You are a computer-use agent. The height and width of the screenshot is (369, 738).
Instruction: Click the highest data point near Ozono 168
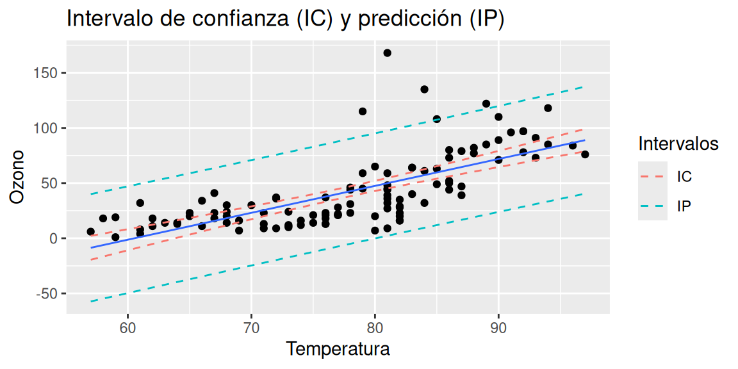click(387, 53)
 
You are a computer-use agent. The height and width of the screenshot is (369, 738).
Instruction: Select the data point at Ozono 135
click(424, 89)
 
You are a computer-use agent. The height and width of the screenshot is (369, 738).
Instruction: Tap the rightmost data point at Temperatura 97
click(585, 154)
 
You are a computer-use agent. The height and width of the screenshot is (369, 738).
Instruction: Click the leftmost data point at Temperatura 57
click(90, 231)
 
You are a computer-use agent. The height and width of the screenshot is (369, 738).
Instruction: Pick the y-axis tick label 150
click(49, 73)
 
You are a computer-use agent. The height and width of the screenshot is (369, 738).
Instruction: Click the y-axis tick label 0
click(55, 238)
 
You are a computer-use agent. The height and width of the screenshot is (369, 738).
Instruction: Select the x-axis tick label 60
click(127, 327)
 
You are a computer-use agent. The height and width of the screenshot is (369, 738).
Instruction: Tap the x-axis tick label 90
click(498, 327)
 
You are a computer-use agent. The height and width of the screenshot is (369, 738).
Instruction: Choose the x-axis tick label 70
click(251, 327)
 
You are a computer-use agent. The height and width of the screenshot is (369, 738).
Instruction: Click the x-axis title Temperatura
click(338, 350)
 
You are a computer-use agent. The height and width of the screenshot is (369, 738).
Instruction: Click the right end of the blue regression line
click(584, 140)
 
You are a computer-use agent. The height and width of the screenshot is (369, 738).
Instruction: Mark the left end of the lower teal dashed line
click(91, 301)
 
